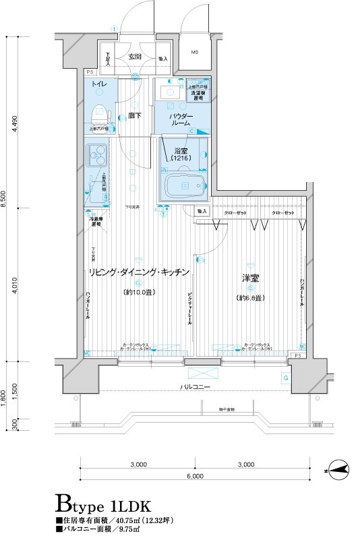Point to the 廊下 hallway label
coord(134,116)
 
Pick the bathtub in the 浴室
coord(185,185)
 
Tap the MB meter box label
coord(193,52)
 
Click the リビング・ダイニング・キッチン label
coord(136,272)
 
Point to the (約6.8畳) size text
coord(249,298)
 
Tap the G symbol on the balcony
coord(286,378)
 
